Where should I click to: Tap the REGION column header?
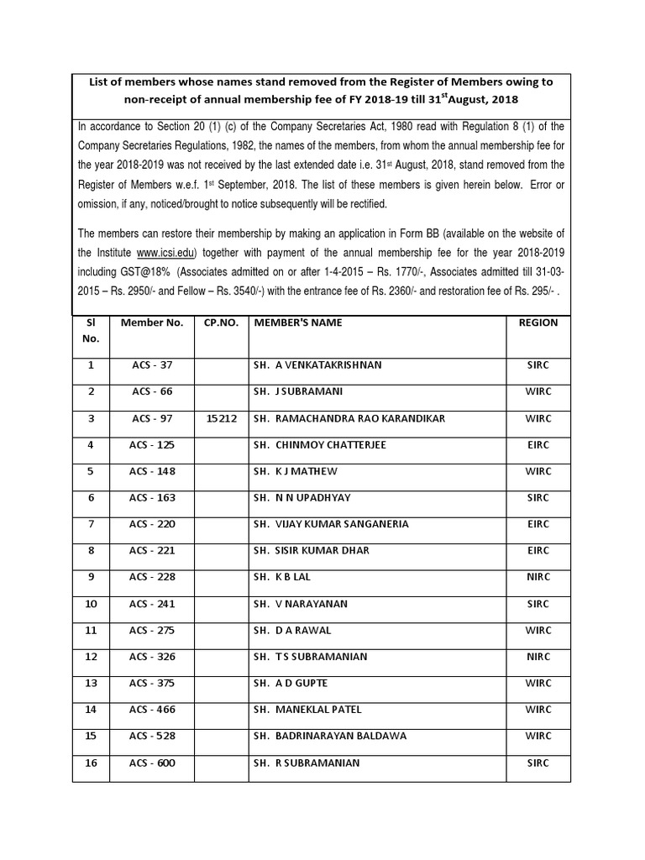click(x=537, y=322)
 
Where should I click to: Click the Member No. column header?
click(x=152, y=322)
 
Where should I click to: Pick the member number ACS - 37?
click(x=152, y=365)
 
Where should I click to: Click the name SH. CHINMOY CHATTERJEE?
click(x=319, y=445)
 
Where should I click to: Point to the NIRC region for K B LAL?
click(x=537, y=577)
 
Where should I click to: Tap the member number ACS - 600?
click(x=152, y=763)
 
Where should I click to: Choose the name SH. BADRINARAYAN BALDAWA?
click(x=329, y=737)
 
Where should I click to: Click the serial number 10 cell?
click(x=91, y=604)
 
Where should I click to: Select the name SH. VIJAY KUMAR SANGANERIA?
click(x=331, y=524)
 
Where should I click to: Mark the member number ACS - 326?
click(x=152, y=657)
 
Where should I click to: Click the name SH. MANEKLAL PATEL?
click(x=307, y=710)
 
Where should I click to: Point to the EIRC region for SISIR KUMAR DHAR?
click(x=537, y=551)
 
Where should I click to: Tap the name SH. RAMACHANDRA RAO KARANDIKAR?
click(x=349, y=418)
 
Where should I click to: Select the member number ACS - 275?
click(x=152, y=630)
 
